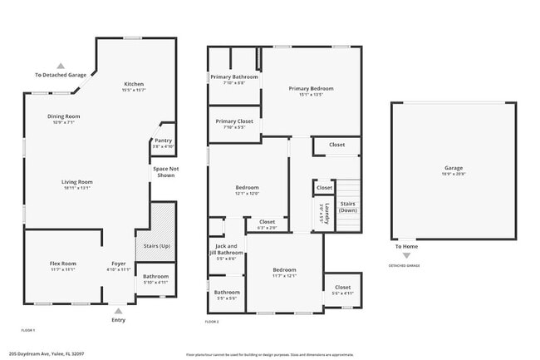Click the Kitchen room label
[135, 85]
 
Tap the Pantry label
[164, 141]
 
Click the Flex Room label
[63, 264]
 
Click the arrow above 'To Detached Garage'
[60, 65]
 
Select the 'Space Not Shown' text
[164, 172]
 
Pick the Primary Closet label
[234, 121]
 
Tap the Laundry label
[327, 214]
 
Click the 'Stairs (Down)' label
[349, 206]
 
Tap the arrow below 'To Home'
[406, 255]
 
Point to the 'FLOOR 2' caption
[213, 322]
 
